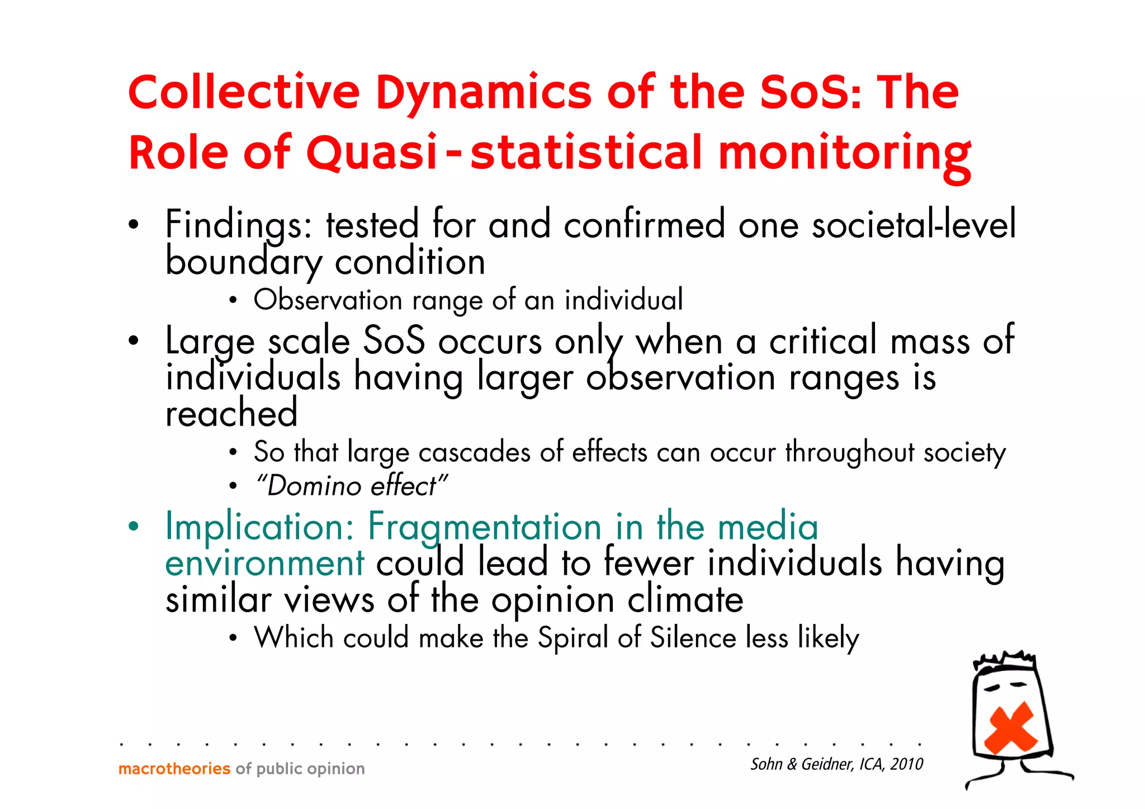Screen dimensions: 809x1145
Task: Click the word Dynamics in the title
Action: point(483,93)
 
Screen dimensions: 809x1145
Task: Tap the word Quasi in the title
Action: point(371,153)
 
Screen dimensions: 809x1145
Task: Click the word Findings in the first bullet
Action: point(238,225)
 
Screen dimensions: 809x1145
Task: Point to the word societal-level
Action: point(914,225)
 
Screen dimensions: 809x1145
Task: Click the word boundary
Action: point(244,262)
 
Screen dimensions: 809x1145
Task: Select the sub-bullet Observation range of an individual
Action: point(468,300)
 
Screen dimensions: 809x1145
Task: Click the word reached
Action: point(231,413)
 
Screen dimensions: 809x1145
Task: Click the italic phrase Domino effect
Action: point(351,486)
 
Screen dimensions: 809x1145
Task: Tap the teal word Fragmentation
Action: point(484,527)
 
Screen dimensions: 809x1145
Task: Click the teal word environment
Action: point(264,564)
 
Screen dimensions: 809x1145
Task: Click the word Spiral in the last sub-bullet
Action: point(572,638)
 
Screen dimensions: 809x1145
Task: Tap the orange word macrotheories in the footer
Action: point(174,769)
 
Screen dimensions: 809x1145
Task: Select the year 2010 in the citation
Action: point(906,764)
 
